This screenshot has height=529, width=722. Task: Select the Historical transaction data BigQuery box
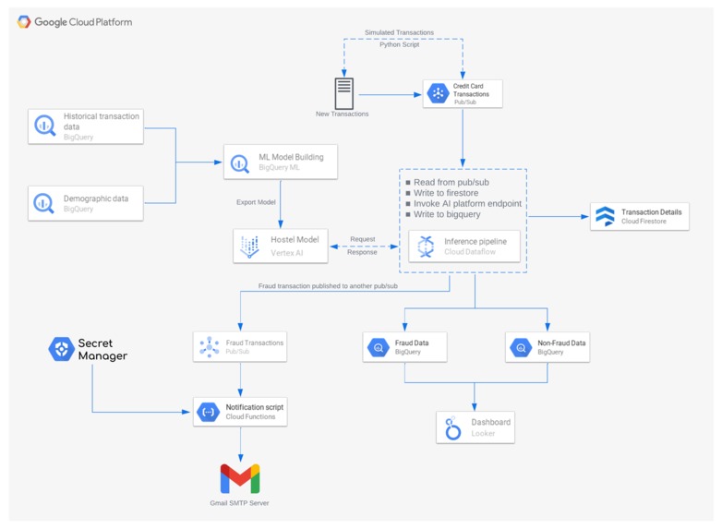(x=86, y=126)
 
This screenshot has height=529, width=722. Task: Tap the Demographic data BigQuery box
(x=86, y=203)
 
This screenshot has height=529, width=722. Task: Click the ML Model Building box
(x=280, y=162)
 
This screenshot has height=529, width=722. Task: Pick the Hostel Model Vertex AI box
(x=280, y=246)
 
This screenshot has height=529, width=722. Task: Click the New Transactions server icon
(x=343, y=93)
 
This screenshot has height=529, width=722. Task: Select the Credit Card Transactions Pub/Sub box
(x=463, y=93)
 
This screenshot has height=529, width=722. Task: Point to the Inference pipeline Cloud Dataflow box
(x=463, y=246)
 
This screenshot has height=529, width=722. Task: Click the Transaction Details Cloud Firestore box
(x=640, y=217)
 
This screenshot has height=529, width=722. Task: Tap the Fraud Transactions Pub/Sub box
(x=240, y=347)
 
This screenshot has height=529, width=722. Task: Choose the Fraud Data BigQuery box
(x=404, y=347)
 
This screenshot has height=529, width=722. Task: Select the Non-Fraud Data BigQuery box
(x=548, y=347)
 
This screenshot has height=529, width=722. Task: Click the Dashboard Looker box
(x=475, y=427)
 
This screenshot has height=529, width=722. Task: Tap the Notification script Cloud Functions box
(x=240, y=412)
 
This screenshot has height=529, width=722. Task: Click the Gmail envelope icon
(x=240, y=479)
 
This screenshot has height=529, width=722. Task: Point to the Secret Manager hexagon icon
(x=61, y=349)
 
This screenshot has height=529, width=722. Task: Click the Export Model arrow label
(x=256, y=201)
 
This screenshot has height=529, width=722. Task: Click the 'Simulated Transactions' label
(x=399, y=32)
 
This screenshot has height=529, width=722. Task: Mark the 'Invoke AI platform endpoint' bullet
(x=467, y=204)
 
